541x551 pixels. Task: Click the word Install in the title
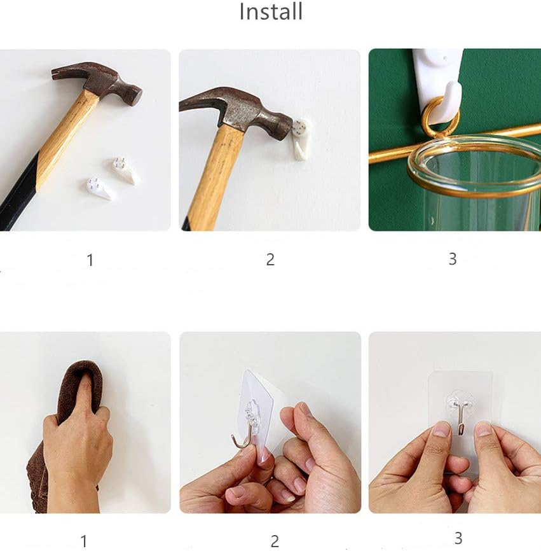tap(271, 11)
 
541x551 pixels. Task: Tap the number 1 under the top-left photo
tap(90, 260)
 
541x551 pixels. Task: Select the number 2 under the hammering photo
tap(270, 260)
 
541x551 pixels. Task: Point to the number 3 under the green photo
tap(453, 259)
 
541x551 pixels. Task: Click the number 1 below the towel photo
tap(84, 541)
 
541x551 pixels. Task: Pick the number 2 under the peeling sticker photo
tap(275, 541)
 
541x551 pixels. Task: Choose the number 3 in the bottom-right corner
tap(458, 538)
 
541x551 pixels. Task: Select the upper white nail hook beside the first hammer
tap(126, 171)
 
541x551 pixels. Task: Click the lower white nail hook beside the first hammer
tap(101, 188)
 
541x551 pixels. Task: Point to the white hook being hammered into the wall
tap(301, 139)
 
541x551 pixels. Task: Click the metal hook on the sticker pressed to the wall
tap(461, 418)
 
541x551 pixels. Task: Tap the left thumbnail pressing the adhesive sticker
tap(442, 429)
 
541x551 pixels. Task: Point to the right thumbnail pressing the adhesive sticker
tap(483, 429)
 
